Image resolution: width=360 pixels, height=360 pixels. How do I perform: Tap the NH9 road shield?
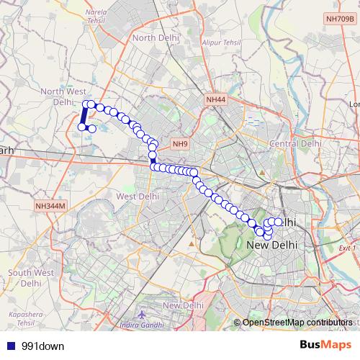(x=180, y=144)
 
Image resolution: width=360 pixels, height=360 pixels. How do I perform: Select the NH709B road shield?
(x=339, y=40)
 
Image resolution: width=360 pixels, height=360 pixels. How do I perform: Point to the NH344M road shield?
(x=50, y=206)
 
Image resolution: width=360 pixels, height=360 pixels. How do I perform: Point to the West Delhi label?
(x=138, y=196)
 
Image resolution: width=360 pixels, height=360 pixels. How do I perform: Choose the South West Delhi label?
(x=30, y=277)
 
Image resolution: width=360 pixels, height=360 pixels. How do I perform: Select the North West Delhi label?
(x=63, y=96)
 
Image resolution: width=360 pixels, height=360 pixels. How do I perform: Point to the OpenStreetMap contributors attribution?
(x=297, y=323)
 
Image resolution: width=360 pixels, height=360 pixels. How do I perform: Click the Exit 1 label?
(x=347, y=247)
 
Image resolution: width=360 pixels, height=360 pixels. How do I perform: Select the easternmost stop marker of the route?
(x=279, y=222)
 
